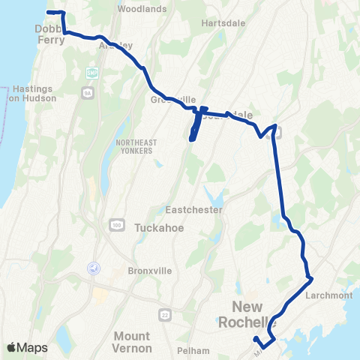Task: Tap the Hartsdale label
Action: click(220, 23)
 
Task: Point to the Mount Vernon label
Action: click(142, 342)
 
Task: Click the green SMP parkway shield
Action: click(92, 73)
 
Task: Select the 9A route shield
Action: click(87, 92)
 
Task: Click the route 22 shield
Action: click(163, 312)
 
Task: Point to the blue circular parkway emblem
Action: click(94, 268)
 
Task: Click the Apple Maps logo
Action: click(26, 347)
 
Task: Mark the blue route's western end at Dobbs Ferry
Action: click(49, 13)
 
